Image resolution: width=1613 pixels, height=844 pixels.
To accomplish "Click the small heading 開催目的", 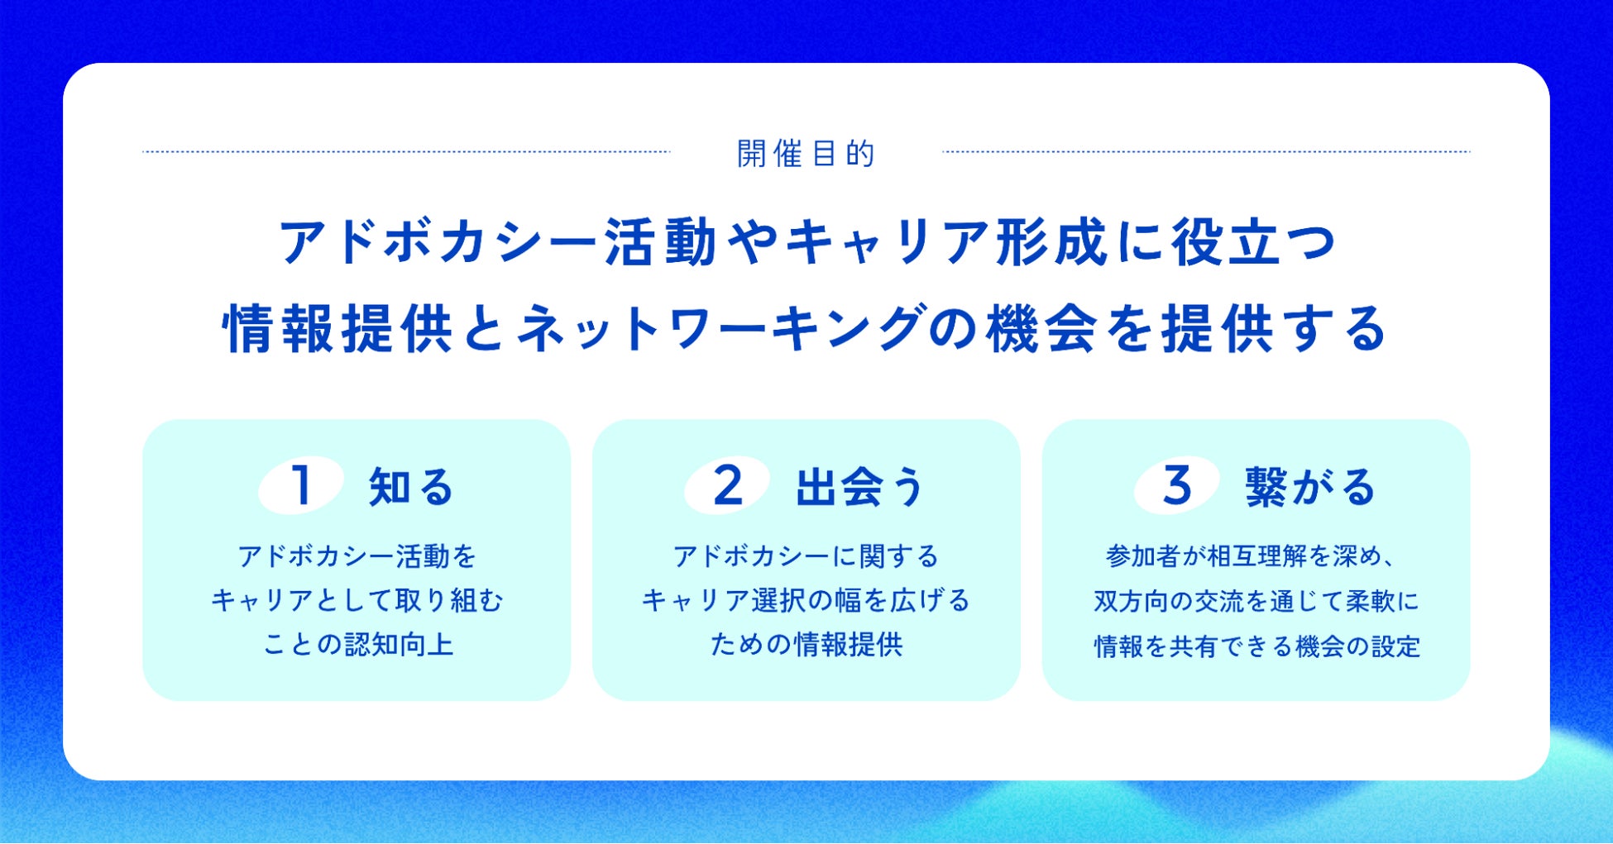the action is (806, 154).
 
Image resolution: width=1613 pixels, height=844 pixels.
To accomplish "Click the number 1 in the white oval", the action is (302, 485).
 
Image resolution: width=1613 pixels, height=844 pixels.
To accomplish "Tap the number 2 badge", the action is (728, 485).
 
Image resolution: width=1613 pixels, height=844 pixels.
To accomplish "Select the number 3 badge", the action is (1177, 485).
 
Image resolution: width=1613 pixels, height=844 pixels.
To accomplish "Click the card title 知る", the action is (411, 486).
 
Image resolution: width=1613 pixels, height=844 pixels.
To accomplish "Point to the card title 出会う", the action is (860, 486).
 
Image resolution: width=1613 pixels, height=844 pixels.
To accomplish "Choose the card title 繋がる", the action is (1310, 486).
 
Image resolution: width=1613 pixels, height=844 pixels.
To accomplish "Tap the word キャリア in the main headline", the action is (886, 243).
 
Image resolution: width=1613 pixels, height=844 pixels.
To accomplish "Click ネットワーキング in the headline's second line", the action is (718, 329).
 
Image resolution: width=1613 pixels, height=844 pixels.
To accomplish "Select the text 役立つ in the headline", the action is (1253, 243).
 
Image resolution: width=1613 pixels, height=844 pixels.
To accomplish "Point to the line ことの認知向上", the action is (358, 644).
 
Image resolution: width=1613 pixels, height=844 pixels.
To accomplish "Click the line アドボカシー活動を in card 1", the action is (357, 556).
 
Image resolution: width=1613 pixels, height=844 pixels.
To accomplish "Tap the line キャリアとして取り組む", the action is (357, 600).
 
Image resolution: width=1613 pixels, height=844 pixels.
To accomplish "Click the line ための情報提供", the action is (806, 644).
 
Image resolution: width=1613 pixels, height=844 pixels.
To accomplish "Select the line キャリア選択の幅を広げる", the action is (806, 600).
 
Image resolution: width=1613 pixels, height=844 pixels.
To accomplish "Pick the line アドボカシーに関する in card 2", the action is (806, 556).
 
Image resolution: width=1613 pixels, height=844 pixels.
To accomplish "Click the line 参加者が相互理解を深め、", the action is (1252, 556).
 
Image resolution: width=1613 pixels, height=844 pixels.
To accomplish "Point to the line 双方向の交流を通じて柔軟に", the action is (1256, 601).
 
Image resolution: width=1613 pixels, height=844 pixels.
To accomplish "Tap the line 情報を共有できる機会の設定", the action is (1256, 646).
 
